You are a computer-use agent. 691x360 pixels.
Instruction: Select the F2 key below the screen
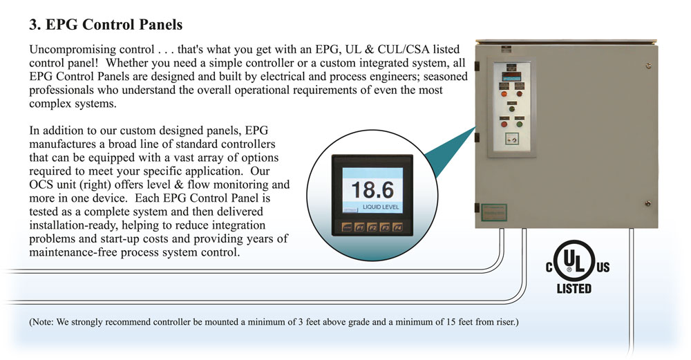tap(372, 227)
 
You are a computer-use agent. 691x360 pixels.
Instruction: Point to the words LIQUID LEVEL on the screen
tap(381, 207)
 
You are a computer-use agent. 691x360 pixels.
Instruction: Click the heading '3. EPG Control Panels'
tap(106, 25)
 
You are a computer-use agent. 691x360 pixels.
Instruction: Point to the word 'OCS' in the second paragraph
tap(42, 185)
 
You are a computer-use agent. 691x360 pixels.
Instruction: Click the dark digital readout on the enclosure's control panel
tap(513, 71)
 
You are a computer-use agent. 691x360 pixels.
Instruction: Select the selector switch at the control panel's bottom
tap(512, 138)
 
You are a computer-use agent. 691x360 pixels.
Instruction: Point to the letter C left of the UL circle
tap(550, 268)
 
